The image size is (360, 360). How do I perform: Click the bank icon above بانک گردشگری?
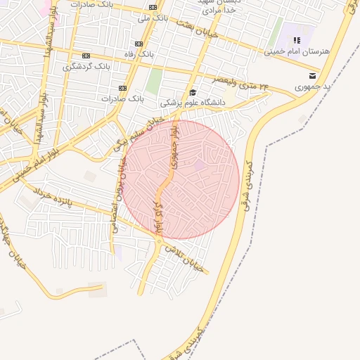(86, 56)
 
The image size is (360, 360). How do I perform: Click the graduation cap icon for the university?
(193, 92)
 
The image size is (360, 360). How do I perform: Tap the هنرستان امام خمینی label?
(296, 51)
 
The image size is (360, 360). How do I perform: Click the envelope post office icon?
(312, 75)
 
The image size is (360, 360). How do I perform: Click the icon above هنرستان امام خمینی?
(296, 40)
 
